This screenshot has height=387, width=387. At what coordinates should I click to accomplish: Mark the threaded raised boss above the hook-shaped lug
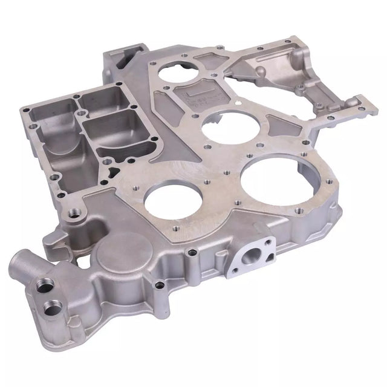[x=74, y=213]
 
